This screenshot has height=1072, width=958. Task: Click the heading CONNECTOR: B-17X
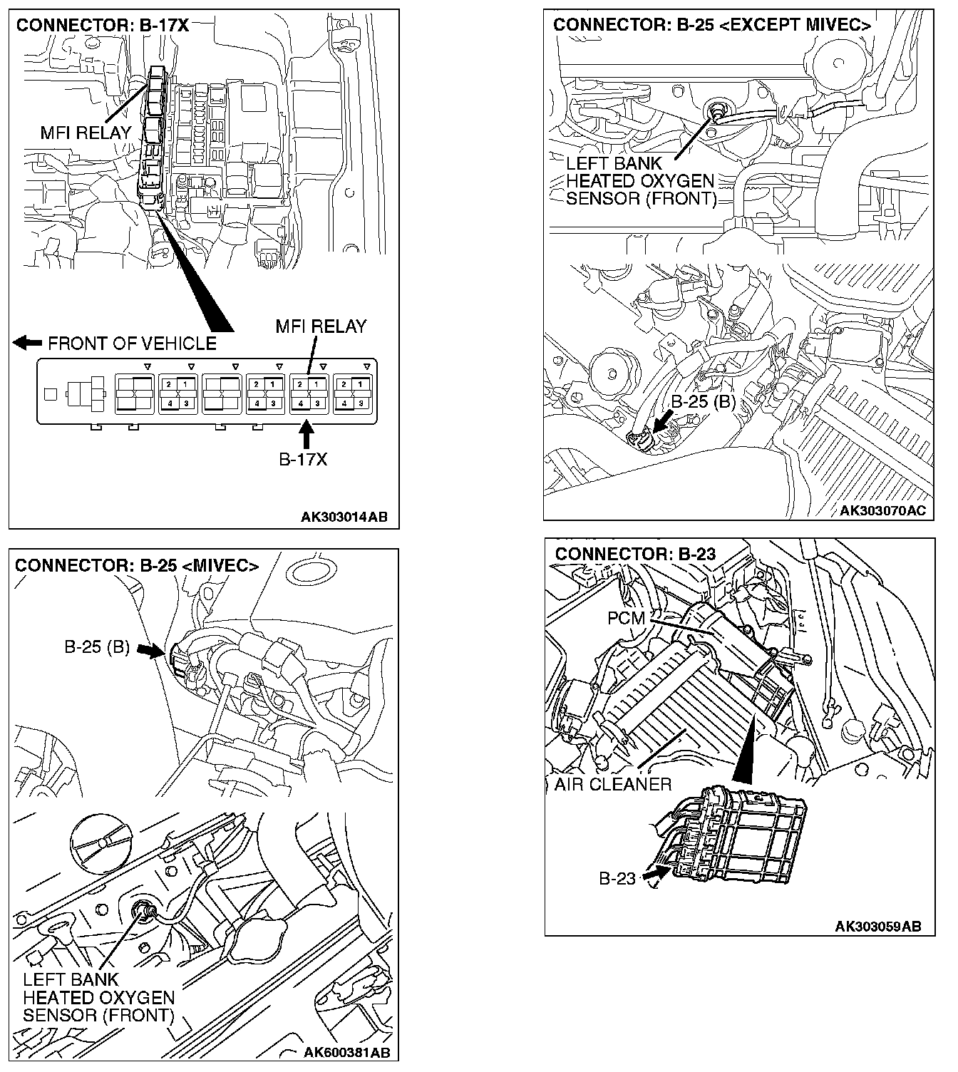[x=102, y=26]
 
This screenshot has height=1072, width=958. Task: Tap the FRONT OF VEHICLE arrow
[x=27, y=343]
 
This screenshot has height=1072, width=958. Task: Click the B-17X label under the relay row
[x=303, y=459]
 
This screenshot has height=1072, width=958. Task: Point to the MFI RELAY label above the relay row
[x=321, y=326]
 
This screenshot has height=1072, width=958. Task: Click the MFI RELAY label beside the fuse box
[x=86, y=133]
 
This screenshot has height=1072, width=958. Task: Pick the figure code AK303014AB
[x=344, y=517]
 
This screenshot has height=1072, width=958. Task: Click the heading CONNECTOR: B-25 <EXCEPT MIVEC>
[x=711, y=25]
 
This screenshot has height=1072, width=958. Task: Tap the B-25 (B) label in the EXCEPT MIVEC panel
[x=703, y=401]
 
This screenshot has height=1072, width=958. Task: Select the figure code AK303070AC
[x=882, y=510]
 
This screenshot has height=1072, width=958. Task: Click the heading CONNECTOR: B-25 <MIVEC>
[x=137, y=565]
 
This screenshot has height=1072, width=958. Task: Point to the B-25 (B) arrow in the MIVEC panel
[x=150, y=649]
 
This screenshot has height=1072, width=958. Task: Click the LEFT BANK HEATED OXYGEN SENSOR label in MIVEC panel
[x=98, y=997]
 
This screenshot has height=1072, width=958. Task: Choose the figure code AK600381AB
[x=346, y=1052]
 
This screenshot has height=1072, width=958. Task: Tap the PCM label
[x=626, y=618]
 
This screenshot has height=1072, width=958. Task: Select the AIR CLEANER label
[x=613, y=785]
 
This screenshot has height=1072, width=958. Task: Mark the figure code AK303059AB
[x=878, y=926]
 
